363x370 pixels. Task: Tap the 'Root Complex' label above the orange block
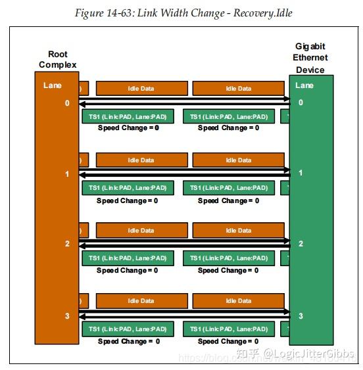57,59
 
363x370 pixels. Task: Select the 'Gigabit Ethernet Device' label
310,58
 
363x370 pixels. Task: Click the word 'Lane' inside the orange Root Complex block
53,85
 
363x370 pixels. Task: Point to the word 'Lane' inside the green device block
304,85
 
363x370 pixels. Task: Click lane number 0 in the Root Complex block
66,103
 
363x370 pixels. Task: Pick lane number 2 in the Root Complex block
66,244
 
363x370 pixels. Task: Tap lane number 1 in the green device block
301,173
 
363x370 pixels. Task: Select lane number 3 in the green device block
301,316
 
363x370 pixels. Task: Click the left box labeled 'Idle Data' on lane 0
141,89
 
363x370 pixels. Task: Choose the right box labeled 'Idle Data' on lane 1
239,160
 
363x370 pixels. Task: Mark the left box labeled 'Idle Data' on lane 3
141,302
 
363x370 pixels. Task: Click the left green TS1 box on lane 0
128,117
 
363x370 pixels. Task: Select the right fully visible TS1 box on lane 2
229,258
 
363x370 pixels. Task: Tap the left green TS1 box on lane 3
128,329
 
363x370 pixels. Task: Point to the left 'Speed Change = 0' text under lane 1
128,200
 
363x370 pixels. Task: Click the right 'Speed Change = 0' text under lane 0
228,128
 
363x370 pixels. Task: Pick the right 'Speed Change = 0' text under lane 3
228,341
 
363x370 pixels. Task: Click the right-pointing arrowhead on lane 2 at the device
287,241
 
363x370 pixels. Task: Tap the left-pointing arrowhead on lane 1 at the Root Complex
82,175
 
